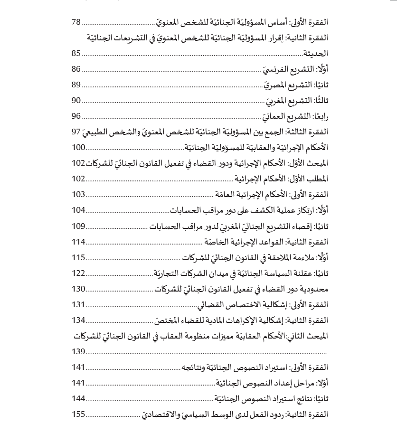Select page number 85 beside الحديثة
click(76, 54)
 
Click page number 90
click(76, 101)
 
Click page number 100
click(78, 147)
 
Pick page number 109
click(78, 226)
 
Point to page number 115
click(78, 257)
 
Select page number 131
click(78, 304)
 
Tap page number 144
click(78, 398)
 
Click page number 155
click(78, 414)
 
